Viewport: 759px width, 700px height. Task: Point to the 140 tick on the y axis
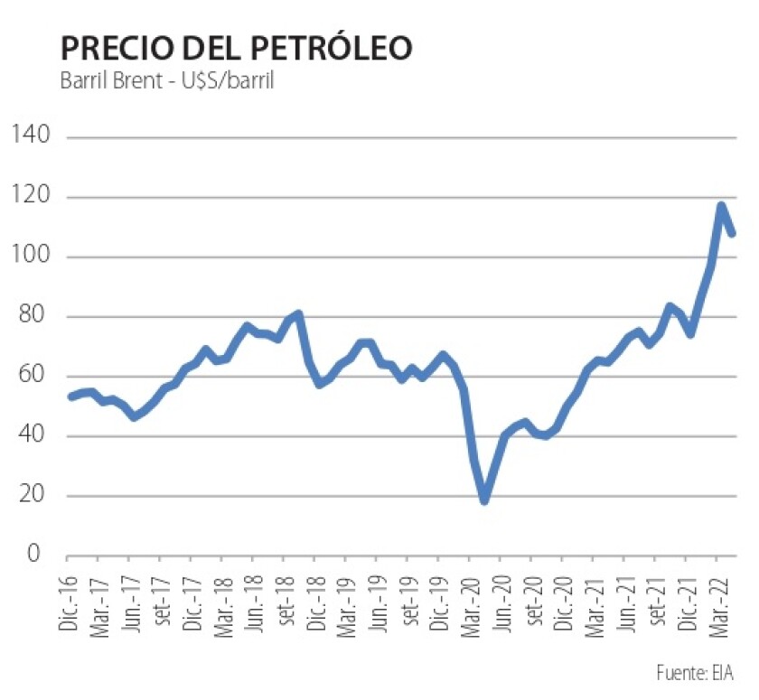(31, 137)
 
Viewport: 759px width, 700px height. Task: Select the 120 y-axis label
(31, 197)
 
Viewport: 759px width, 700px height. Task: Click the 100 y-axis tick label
(31, 257)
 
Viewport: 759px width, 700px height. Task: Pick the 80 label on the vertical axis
(35, 317)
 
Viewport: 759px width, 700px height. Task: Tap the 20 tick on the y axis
(35, 496)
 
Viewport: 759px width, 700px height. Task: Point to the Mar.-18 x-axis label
(225, 599)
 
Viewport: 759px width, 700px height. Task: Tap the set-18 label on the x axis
(286, 598)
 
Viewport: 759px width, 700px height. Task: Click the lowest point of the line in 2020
(484, 499)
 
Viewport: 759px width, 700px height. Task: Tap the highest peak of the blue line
(721, 207)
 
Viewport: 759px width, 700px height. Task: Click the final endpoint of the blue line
(732, 234)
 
